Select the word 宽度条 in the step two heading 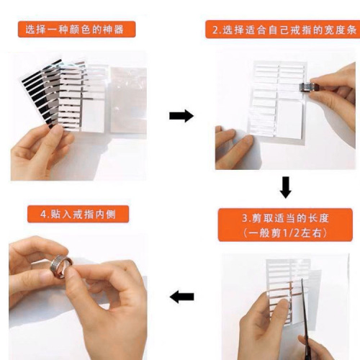pyautogui.click(x=337, y=30)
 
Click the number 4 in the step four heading pyautogui.click(x=44, y=214)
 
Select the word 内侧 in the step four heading pyautogui.click(x=116, y=214)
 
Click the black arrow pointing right pyautogui.click(x=181, y=116)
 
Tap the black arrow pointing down pyautogui.click(x=286, y=187)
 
